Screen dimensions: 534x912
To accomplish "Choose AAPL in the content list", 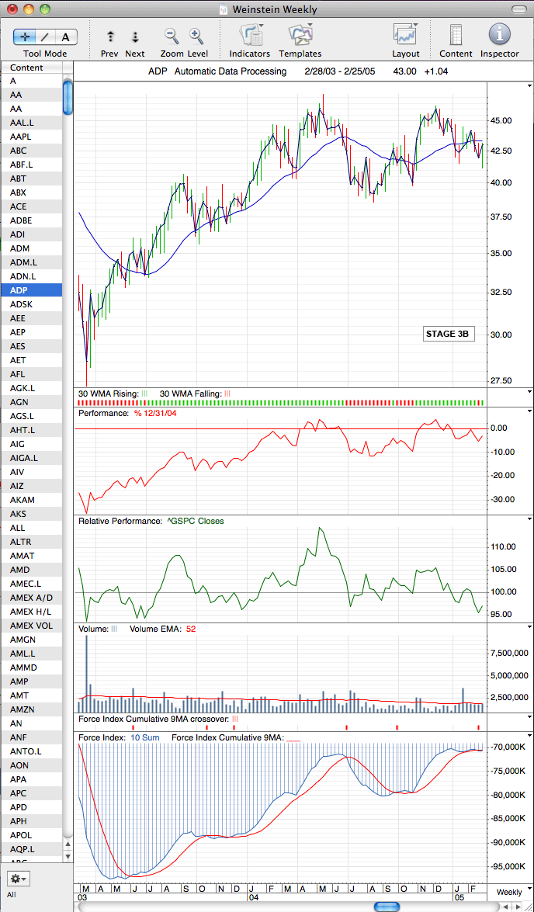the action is coord(20,137).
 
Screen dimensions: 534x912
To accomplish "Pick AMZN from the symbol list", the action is coord(22,709).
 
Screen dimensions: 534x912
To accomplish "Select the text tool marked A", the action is coord(66,37).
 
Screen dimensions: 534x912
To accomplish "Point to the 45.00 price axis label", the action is coord(501,121).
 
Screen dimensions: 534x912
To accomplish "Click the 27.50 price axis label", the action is coord(501,381).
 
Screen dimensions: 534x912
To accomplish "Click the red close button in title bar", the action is coord(12,9).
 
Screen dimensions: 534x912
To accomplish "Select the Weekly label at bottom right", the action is coord(509,892).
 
